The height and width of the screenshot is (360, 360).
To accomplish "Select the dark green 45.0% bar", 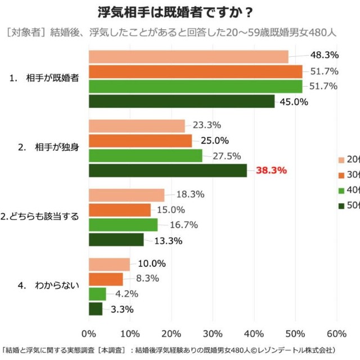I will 182,101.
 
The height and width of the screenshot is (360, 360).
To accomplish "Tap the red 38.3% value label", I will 272,170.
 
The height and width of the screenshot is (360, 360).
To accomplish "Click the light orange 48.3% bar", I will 188,56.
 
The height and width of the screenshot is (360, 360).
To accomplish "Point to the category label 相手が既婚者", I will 52,79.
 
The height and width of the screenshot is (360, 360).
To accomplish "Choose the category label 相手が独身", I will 52,147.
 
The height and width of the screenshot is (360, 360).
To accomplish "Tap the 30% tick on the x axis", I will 213,332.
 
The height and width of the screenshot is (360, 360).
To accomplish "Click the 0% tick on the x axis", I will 89,332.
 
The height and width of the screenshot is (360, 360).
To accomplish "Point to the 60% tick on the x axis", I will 336,332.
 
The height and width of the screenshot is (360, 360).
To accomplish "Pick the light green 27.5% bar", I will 146,156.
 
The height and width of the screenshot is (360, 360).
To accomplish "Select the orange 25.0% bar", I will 141,141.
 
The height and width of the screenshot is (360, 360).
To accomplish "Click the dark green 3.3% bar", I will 96,309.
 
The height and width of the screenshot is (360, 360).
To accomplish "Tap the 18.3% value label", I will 190,194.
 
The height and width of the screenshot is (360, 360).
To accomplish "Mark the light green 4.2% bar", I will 97,294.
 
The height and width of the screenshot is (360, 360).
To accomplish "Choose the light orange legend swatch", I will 341,159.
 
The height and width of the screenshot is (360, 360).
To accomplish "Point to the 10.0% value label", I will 151,263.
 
